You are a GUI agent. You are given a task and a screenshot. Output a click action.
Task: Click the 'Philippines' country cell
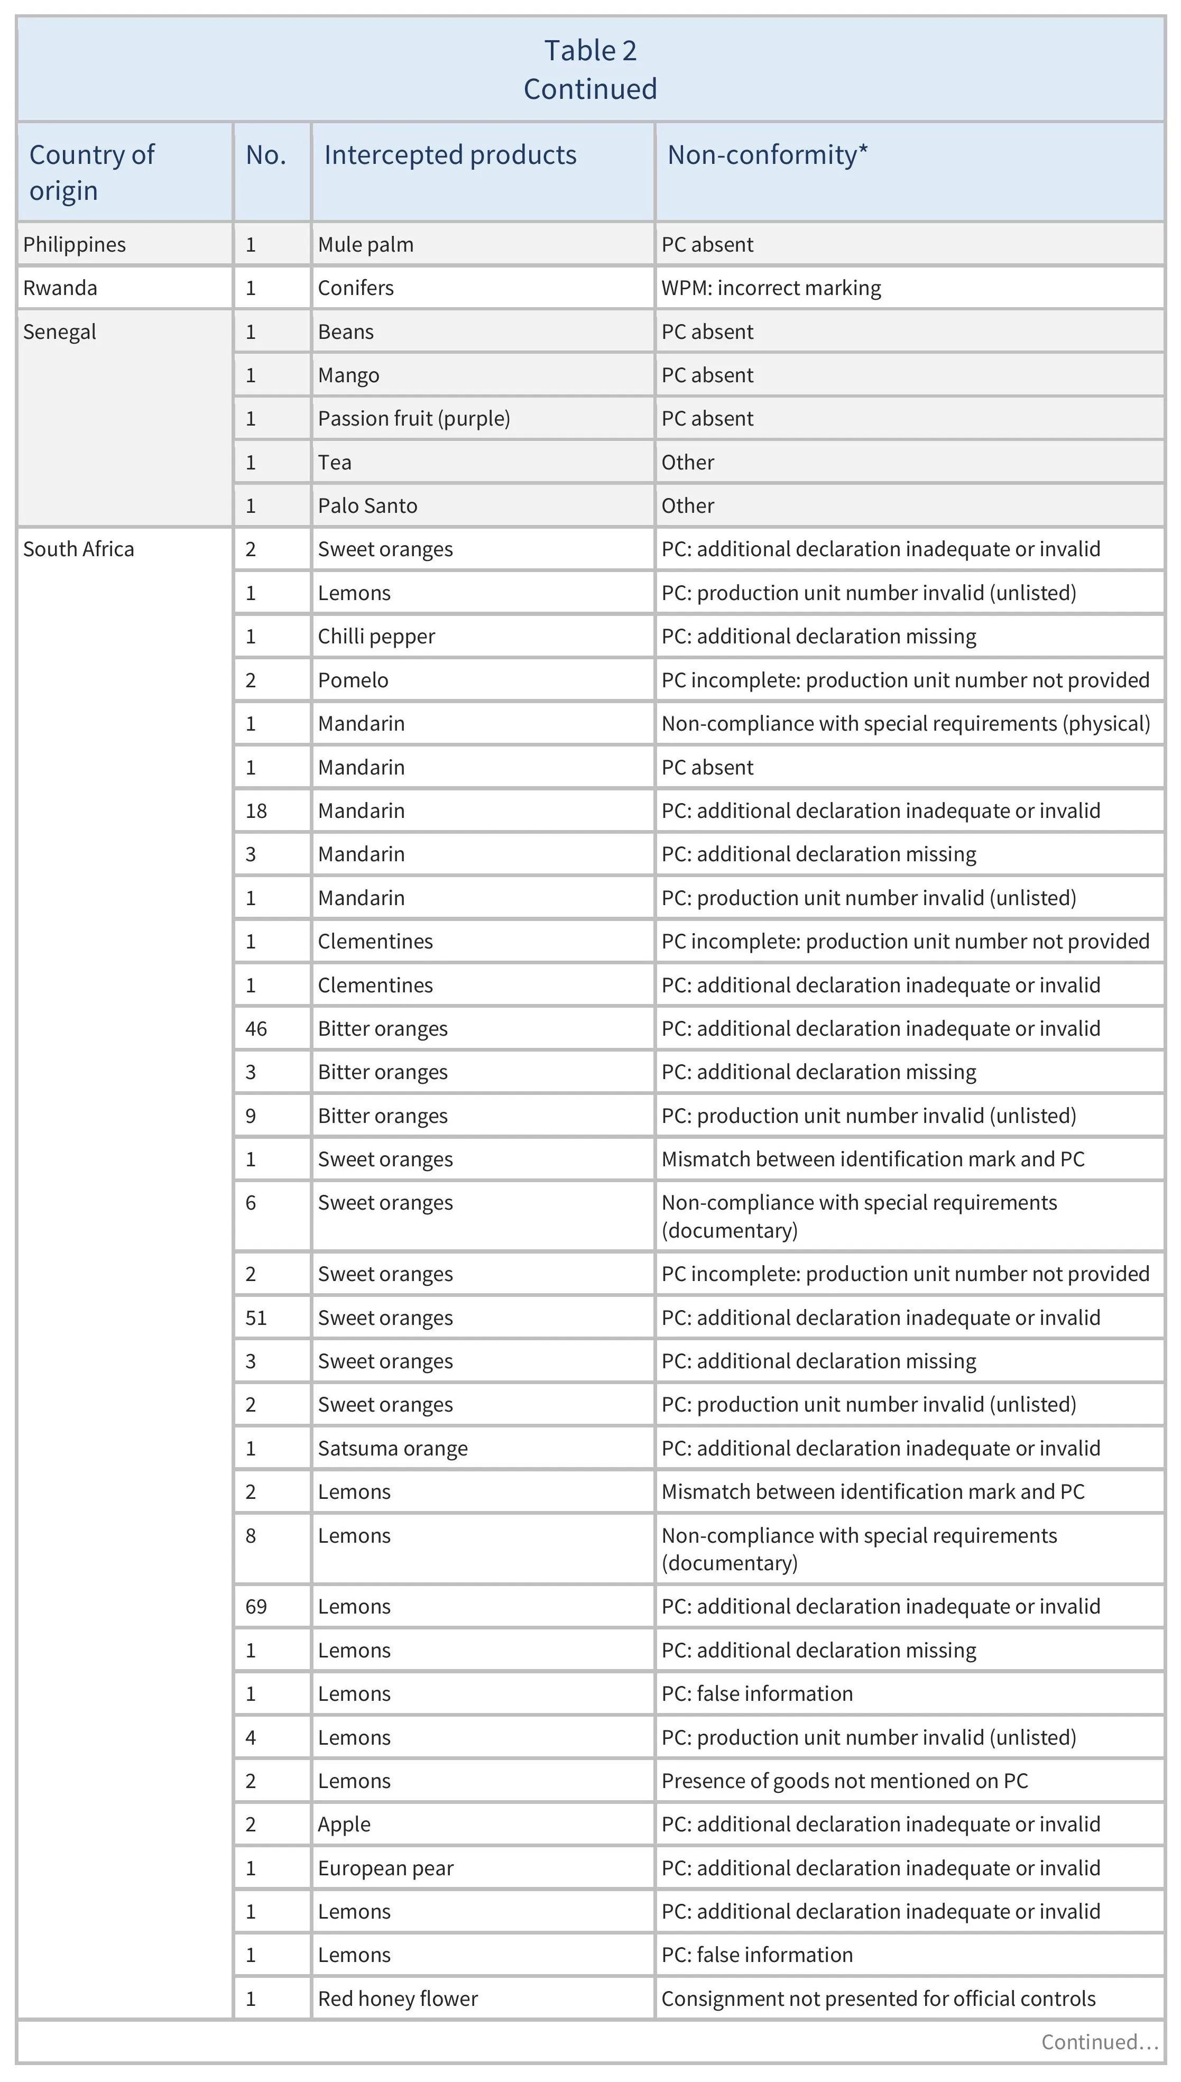coord(74,244)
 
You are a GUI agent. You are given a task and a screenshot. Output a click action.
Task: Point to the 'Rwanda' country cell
coord(60,288)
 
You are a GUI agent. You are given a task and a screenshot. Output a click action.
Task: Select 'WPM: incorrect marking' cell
coord(771,288)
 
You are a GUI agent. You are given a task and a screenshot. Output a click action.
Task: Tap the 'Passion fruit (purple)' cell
coord(414,419)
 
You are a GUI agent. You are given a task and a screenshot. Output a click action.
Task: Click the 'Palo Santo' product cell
coord(367,505)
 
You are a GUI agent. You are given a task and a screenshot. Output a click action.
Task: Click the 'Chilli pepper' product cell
coord(376,637)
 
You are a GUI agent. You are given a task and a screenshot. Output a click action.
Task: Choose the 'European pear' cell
coord(385,1868)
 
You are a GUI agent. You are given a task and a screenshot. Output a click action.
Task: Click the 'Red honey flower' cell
coord(398,1998)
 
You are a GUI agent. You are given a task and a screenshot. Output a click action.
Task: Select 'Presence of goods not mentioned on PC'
coord(844,1781)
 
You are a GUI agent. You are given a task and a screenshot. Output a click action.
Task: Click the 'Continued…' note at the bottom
coord(1098,2042)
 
